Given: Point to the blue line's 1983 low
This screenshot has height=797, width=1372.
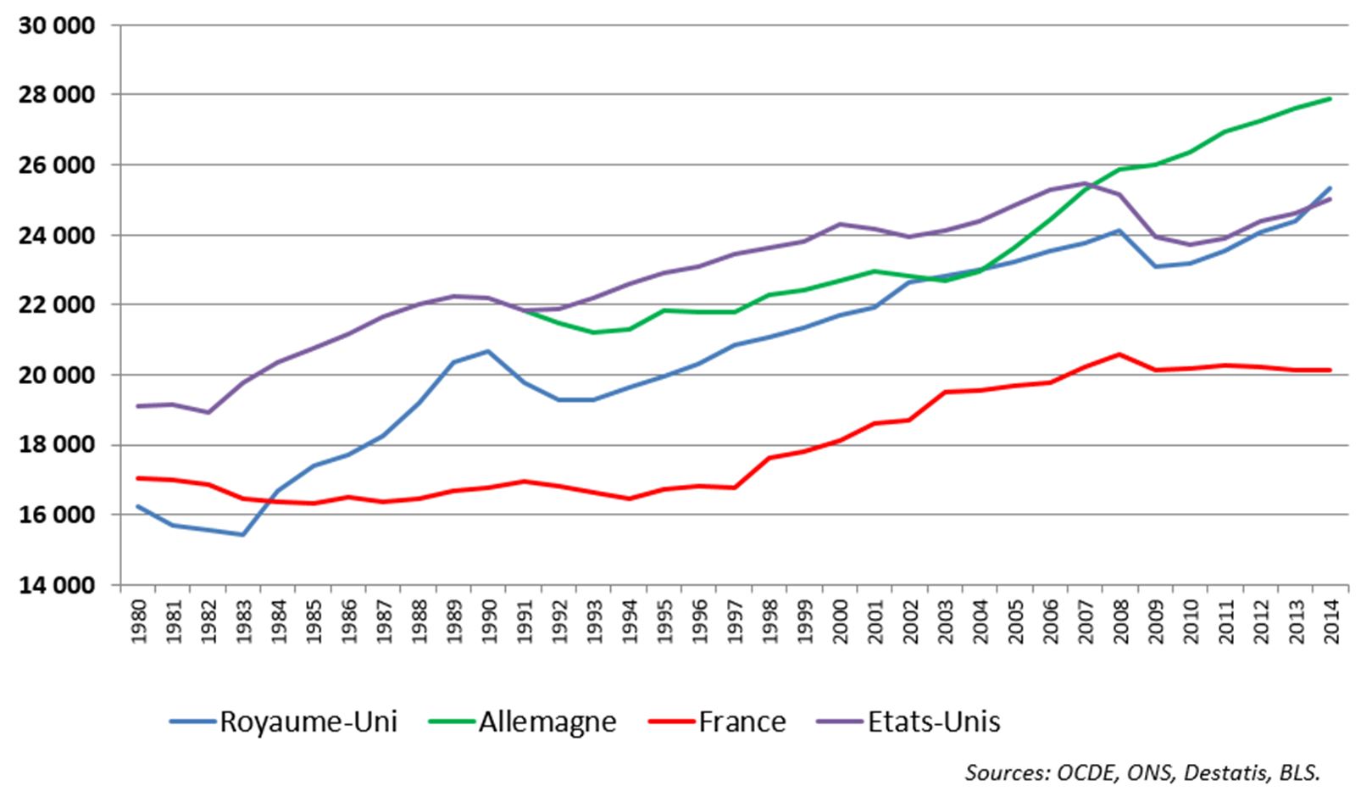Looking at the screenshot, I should tap(243, 534).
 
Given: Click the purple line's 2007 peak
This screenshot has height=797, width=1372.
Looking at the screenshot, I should tap(1085, 183).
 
